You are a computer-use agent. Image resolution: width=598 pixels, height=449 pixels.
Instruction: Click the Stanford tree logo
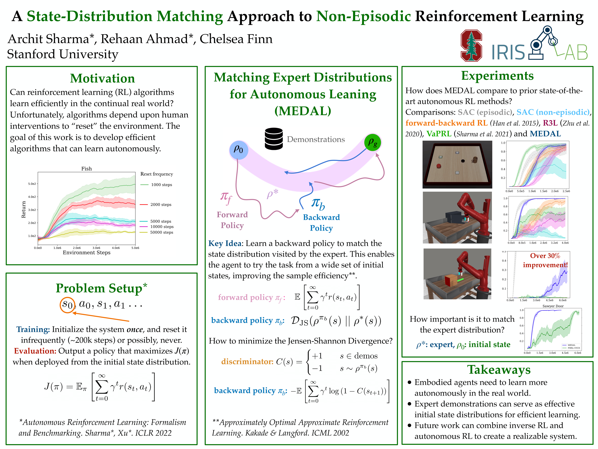[x=471, y=46]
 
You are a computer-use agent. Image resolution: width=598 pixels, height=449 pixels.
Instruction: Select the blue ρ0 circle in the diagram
[x=238, y=149]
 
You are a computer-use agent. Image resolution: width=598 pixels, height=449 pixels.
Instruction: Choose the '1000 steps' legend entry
[x=161, y=185]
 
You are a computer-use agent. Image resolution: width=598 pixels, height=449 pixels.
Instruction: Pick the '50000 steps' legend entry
[x=161, y=232]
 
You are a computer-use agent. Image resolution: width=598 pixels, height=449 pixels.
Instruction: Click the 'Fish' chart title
[x=87, y=169]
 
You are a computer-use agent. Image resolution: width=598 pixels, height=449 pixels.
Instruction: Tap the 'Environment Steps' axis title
[x=87, y=253]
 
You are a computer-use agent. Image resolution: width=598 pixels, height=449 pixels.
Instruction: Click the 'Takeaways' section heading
[x=499, y=369]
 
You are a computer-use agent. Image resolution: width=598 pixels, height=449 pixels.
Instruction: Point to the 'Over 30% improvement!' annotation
[x=545, y=260]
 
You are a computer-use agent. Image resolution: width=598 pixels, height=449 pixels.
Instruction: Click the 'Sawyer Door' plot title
[x=553, y=306]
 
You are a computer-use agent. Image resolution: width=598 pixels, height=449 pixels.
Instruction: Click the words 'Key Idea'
[x=225, y=243]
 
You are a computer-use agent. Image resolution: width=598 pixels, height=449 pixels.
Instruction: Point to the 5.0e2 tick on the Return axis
[x=32, y=184]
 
